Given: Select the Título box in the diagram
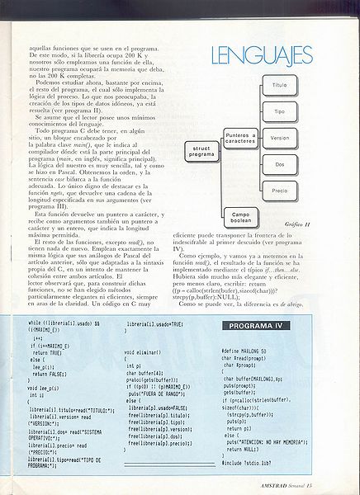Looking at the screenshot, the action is [279, 86].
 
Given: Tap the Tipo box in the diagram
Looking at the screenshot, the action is [279, 111].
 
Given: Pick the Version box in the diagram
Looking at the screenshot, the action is [279, 138].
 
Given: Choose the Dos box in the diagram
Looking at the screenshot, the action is [279, 164].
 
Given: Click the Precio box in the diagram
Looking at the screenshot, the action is [279, 191].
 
